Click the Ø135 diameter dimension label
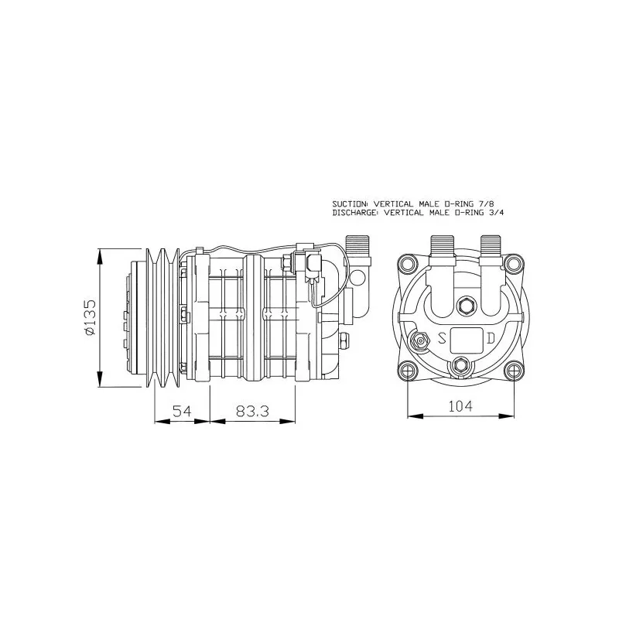click(91, 317)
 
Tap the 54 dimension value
click(182, 411)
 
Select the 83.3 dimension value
click(253, 411)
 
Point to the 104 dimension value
click(460, 405)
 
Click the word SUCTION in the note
click(351, 204)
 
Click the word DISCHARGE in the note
click(356, 213)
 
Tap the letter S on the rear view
click(442, 338)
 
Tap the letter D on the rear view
click(491, 338)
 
